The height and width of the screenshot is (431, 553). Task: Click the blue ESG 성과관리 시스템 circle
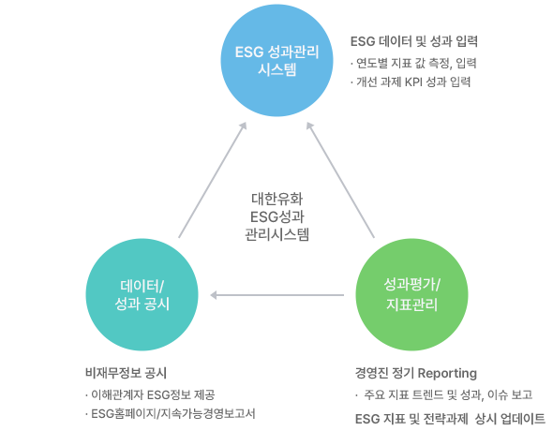(276, 60)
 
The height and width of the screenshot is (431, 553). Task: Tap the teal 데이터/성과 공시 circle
(142, 294)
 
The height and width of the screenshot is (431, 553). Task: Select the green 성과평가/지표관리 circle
(411, 294)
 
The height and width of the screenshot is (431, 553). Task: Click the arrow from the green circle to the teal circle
(276, 295)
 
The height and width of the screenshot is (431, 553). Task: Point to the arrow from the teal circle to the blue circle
(213, 180)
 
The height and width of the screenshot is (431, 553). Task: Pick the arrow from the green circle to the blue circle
(340, 180)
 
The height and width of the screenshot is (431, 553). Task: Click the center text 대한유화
(276, 199)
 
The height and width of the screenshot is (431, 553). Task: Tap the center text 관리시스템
(276, 234)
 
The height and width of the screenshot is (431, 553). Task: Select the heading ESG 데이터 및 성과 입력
(414, 41)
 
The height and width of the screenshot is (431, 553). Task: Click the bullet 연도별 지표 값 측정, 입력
(413, 64)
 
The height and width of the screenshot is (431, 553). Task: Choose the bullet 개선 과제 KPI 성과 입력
(411, 82)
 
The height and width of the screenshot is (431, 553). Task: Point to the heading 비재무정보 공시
(126, 373)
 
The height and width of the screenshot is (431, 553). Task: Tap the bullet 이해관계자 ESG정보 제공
(150, 394)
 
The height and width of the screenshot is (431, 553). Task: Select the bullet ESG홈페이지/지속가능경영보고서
(170, 413)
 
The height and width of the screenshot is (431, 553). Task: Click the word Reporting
(447, 373)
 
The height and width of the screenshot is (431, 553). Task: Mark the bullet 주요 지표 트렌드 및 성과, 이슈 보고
(444, 394)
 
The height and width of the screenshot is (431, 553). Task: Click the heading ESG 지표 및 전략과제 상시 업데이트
(450, 419)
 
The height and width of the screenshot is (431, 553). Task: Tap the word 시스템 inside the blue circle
(276, 69)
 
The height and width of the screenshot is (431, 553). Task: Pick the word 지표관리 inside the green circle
(411, 305)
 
